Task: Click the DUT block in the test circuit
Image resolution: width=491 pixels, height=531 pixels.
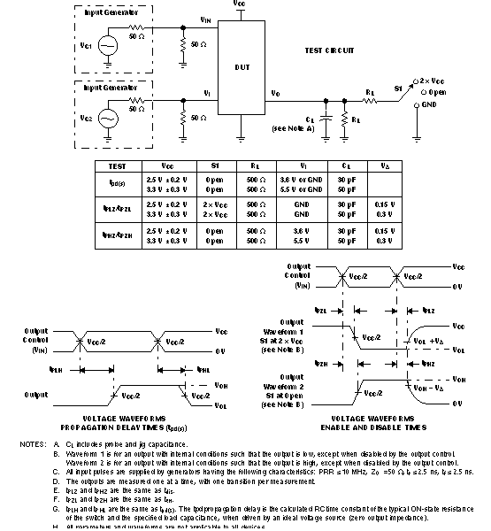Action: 242,67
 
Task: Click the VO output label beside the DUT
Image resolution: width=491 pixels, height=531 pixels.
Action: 276,91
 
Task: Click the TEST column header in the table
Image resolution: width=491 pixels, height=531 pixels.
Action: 118,165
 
